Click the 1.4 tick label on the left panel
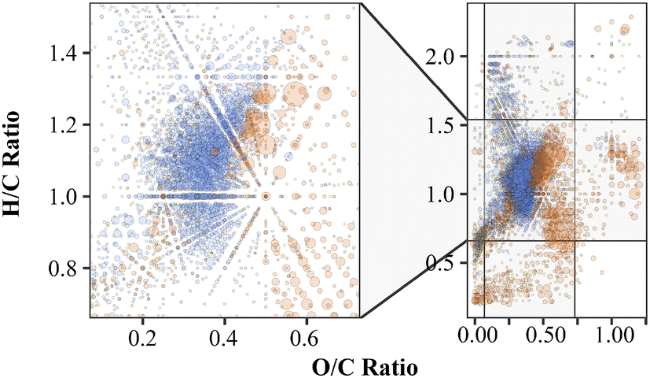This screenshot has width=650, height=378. pos(68,54)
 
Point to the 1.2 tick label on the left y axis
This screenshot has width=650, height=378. pos(68,125)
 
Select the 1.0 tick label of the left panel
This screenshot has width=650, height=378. pos(68,196)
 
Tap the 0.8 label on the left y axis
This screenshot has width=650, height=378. pos(68,269)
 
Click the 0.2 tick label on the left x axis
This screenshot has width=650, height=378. pos(143,335)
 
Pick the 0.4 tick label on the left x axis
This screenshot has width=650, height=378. pos(225,335)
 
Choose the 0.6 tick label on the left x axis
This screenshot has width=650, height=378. pos(307,335)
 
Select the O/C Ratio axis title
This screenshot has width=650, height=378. pos(365,366)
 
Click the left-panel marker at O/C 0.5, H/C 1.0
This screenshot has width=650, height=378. pos(266,196)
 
